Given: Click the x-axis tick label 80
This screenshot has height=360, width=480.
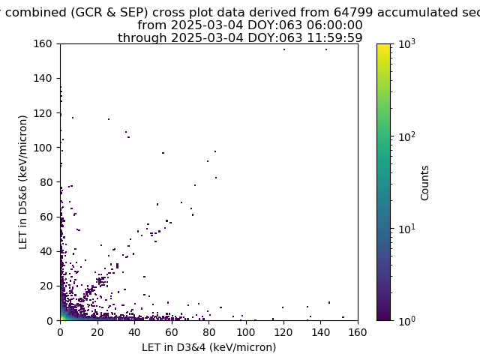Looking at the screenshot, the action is [x=208, y=332].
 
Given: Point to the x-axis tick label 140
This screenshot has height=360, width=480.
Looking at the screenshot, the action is [x=320, y=332].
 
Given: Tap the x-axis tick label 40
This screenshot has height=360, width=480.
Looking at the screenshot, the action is [x=134, y=332].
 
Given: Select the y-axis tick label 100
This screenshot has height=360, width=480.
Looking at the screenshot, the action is [x=43, y=148].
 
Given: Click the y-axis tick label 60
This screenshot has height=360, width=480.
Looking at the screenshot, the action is [x=46, y=217].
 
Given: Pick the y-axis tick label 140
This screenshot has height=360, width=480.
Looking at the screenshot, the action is [x=43, y=78].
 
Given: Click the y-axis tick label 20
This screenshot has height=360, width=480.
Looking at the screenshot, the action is [x=46, y=286].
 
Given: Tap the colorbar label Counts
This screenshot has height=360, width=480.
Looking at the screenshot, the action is [x=424, y=183].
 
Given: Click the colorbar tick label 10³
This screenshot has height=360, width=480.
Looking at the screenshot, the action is [x=407, y=44].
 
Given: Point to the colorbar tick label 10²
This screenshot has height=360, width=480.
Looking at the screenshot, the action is [x=407, y=136].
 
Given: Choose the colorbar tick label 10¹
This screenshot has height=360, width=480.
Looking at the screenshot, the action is [x=407, y=229].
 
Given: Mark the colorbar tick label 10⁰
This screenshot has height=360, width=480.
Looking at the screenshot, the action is [x=407, y=321].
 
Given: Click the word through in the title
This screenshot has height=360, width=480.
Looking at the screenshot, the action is [x=142, y=38].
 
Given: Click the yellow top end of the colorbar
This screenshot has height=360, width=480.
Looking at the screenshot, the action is [x=383, y=45].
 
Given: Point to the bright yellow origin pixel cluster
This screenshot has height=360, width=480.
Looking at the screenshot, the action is [x=62, y=318].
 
